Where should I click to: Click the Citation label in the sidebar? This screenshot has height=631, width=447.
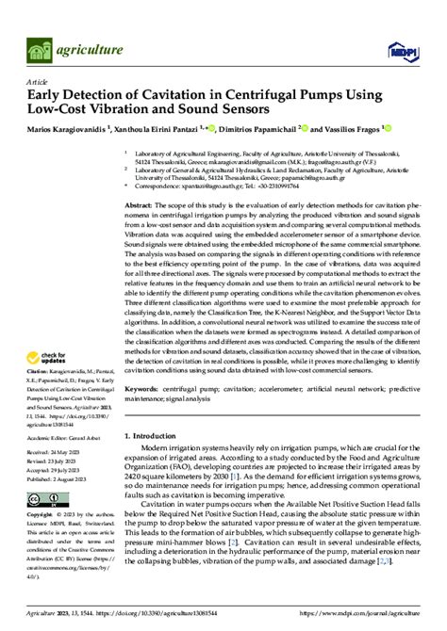click(x=38, y=373)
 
